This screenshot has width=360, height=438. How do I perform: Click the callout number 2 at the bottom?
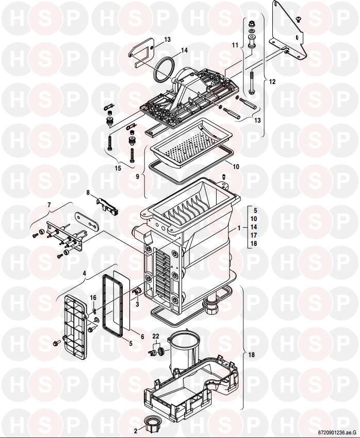click(136, 431)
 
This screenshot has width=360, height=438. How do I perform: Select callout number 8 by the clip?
click(88, 193)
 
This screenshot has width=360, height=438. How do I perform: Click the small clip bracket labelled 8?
click(107, 205)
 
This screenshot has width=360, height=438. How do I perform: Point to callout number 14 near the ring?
click(184, 50)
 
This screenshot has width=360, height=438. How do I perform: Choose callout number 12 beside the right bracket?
click(272, 82)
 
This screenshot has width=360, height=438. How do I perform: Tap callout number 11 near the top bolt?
click(235, 45)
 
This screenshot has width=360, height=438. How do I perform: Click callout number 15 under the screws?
click(118, 168)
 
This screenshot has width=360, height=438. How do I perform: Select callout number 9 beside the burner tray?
click(138, 177)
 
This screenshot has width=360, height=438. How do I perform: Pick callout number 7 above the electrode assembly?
click(49, 205)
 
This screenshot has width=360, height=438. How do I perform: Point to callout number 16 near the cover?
click(93, 298)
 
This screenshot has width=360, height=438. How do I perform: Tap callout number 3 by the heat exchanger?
click(137, 304)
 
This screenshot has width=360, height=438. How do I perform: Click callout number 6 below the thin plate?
click(142, 337)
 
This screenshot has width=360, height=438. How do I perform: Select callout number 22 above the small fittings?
click(156, 337)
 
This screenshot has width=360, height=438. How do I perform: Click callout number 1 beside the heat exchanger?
click(239, 228)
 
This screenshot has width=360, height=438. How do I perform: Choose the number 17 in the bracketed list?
click(254, 235)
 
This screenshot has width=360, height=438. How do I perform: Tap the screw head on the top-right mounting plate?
click(298, 19)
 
